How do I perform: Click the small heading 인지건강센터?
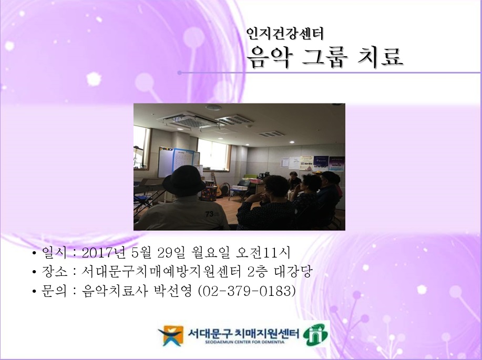click(x=285, y=34)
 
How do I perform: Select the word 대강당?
click(x=296, y=271)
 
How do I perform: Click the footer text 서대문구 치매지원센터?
click(x=243, y=332)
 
